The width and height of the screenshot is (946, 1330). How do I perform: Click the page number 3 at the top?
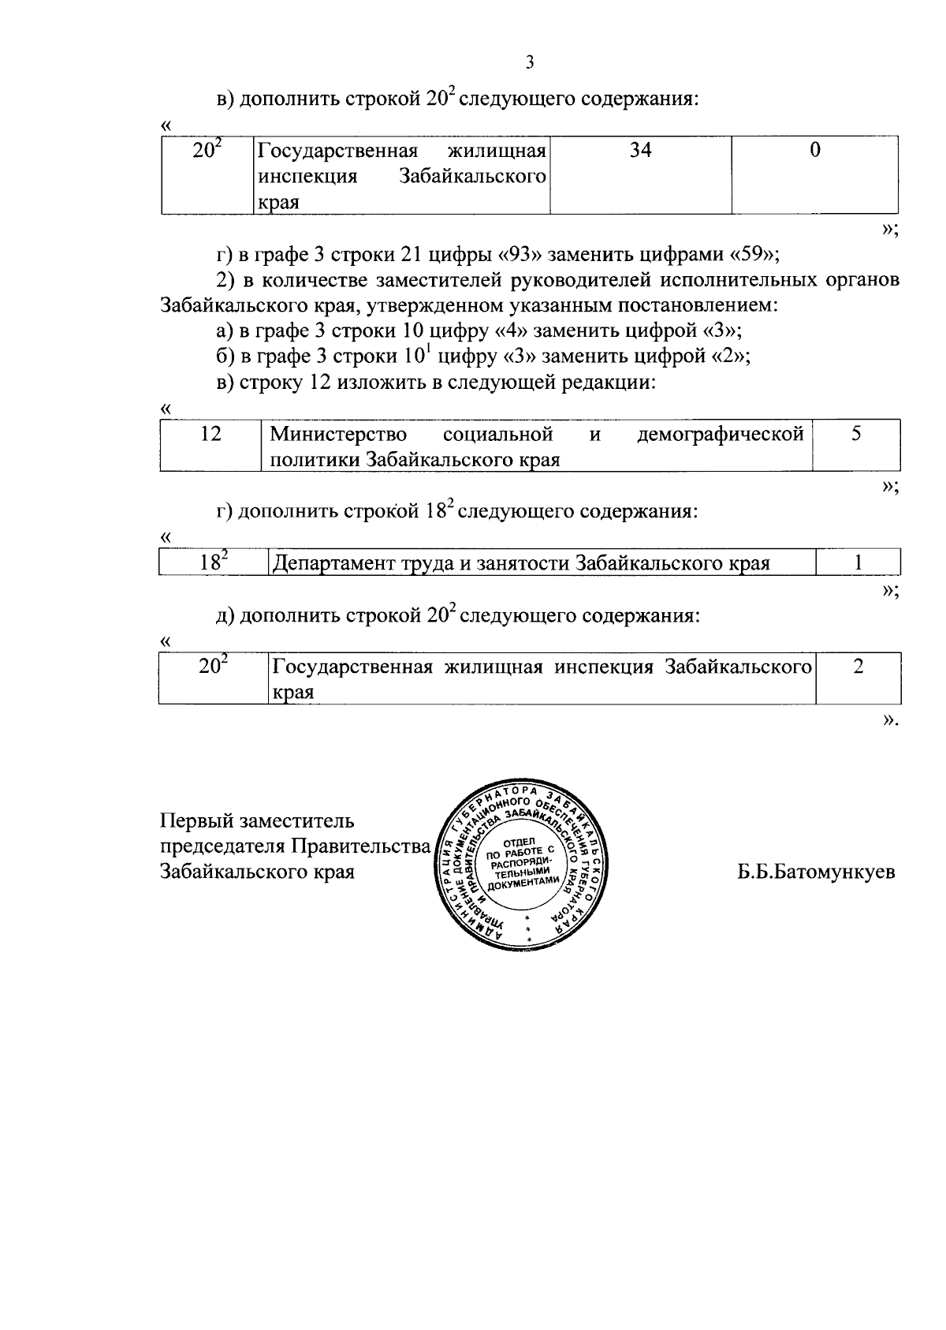pyautogui.click(x=529, y=63)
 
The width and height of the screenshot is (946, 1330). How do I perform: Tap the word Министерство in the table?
pyautogui.click(x=338, y=435)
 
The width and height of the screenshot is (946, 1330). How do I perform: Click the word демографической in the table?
pyautogui.click(x=720, y=435)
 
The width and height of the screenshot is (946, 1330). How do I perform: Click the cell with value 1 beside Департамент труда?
pyautogui.click(x=858, y=562)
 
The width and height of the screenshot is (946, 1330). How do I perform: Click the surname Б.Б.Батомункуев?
pyautogui.click(x=816, y=872)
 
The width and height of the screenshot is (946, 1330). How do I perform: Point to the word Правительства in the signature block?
pyautogui.click(x=361, y=846)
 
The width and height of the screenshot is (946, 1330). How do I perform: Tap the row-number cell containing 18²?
pyautogui.click(x=213, y=562)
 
